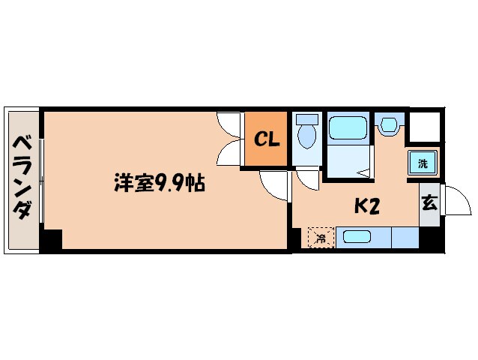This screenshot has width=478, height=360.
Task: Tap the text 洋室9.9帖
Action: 159,182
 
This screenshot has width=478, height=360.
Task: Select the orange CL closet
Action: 265,139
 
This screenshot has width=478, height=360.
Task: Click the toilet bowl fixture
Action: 306,136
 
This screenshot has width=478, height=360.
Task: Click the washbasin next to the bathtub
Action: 389,124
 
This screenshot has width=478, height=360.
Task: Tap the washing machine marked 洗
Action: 423,163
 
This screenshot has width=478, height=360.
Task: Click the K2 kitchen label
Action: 366,205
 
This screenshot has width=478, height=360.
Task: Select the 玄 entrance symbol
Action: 429,202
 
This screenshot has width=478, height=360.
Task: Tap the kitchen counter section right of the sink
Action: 405,238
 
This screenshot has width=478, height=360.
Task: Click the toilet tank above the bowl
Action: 306,118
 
